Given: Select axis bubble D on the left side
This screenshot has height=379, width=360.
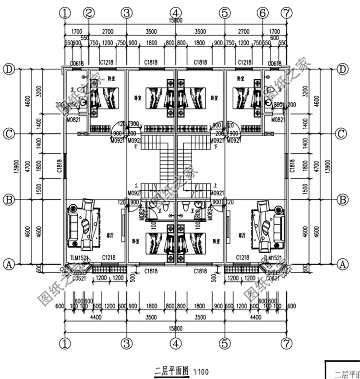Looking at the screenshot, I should tap(9, 69).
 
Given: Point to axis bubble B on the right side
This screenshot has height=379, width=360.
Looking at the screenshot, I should tap(342, 199).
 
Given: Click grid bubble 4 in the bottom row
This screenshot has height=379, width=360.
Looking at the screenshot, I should tap(176, 343).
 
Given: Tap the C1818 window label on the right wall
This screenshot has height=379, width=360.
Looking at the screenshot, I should tap(292, 166).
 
